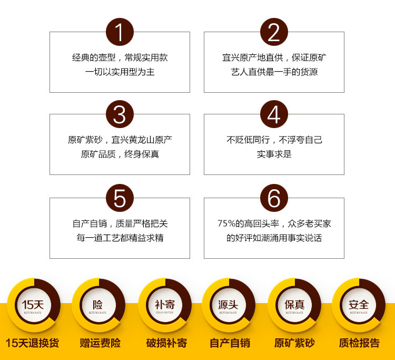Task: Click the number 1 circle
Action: pyautogui.click(x=120, y=32)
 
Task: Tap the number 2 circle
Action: pyautogui.click(x=274, y=32)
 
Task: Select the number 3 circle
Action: pyautogui.click(x=120, y=114)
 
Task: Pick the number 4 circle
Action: pyautogui.click(x=274, y=114)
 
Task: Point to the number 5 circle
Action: pyautogui.click(x=120, y=198)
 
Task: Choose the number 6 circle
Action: pyautogui.click(x=274, y=198)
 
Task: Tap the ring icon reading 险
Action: pyautogui.click(x=98, y=305)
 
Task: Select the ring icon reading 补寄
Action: pyautogui.click(x=164, y=305)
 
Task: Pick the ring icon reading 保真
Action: pyautogui.click(x=294, y=305)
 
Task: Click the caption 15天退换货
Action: pyautogui.click(x=32, y=343)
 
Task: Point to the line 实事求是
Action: pyautogui.click(x=274, y=154)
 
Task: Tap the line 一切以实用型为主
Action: pyautogui.click(x=120, y=72)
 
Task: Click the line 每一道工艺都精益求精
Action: pyautogui.click(x=120, y=238)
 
